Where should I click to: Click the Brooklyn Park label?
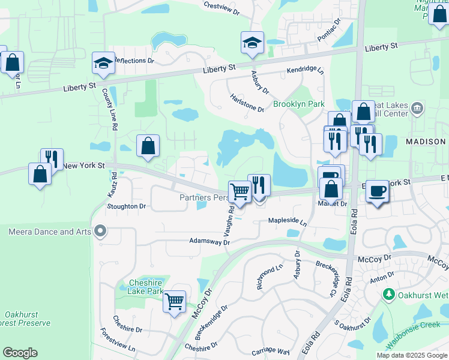tap(299, 104)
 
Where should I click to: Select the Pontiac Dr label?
tap(329, 29)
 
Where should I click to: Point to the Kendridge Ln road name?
tap(305, 70)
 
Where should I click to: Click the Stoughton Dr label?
tap(126, 206)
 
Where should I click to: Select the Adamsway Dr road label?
tap(209, 242)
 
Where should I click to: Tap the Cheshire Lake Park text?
tap(146, 287)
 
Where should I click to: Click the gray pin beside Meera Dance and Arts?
tap(100, 231)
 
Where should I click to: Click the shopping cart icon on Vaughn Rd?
tap(240, 192)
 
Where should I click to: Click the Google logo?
tap(20, 353)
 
